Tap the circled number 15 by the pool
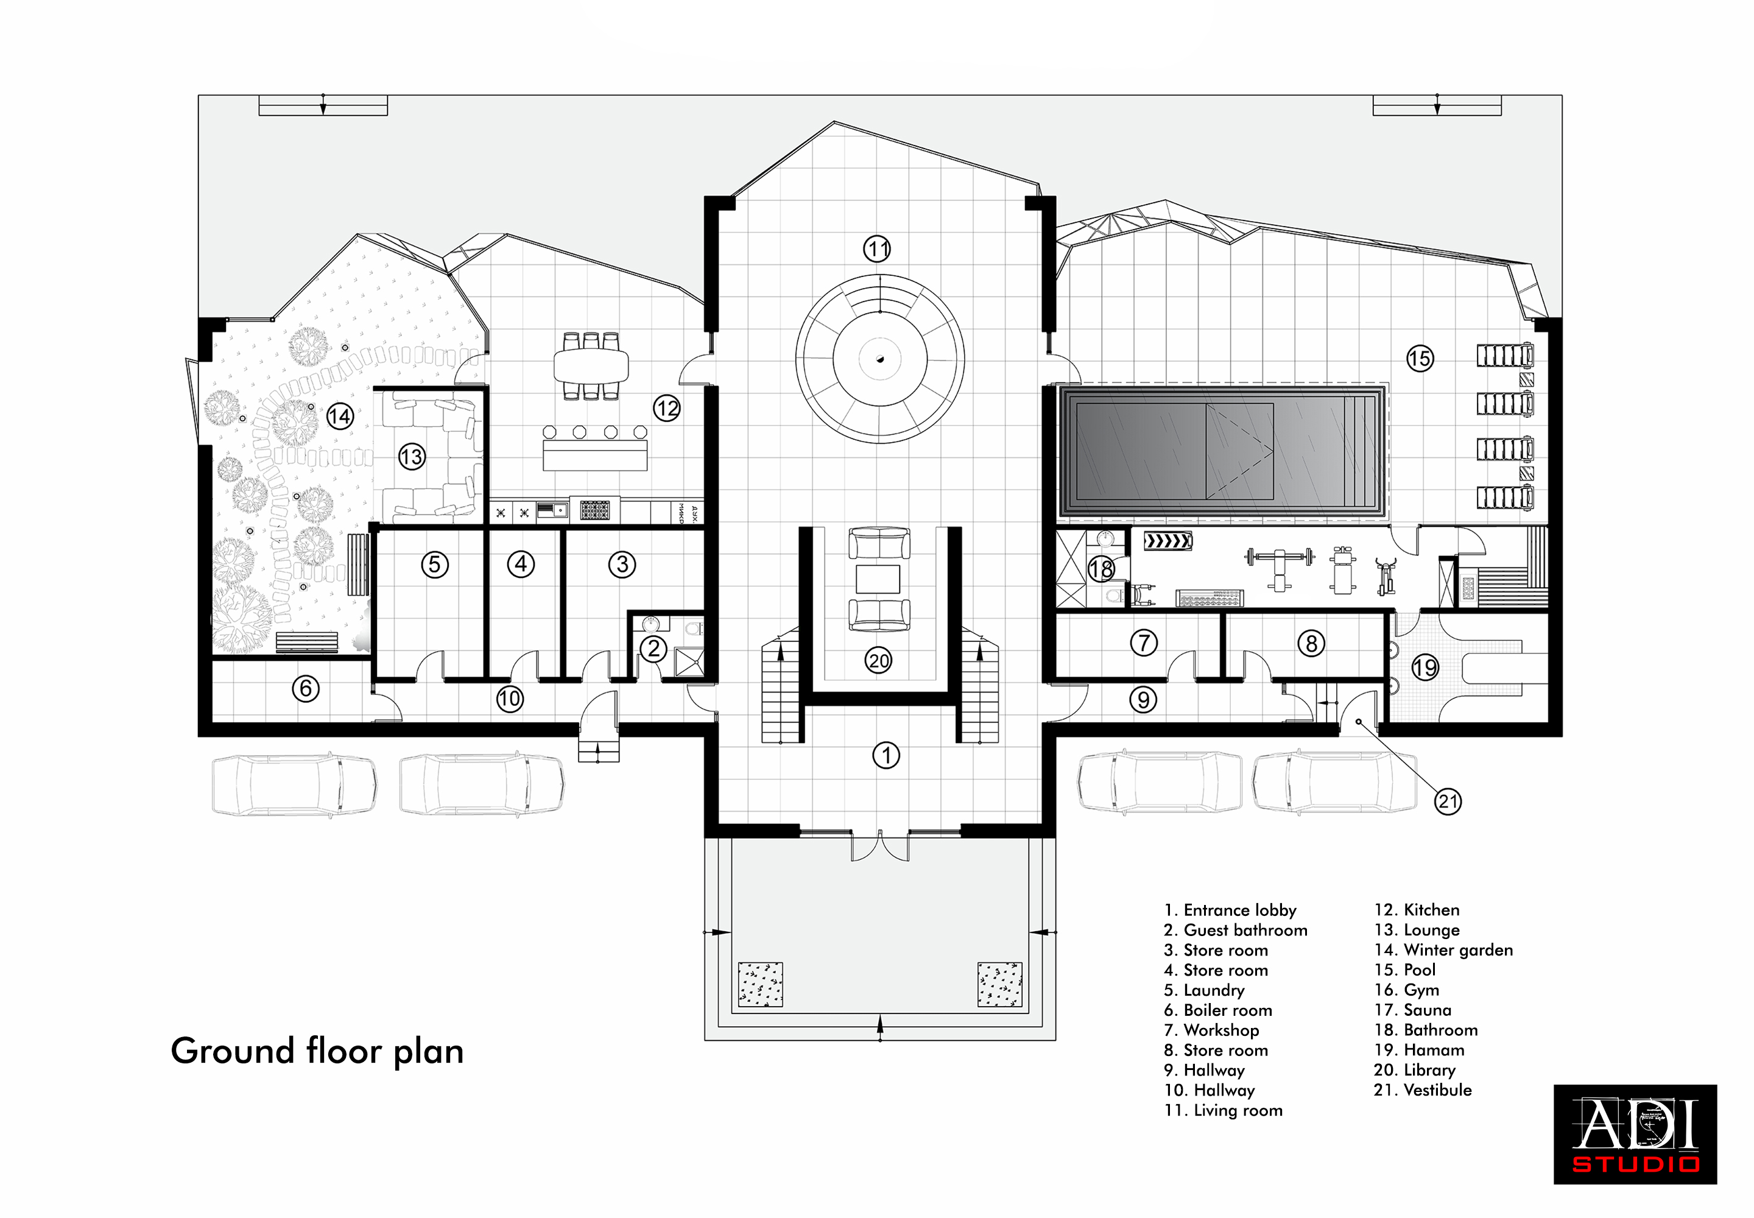(1420, 358)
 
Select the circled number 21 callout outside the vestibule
(1448, 801)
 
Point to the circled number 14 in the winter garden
(340, 416)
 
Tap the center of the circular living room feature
(880, 359)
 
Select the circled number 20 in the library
(879, 660)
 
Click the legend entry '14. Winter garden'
(1443, 950)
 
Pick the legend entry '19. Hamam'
(1418, 1050)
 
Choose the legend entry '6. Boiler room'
(1218, 1010)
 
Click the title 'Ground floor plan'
(317, 1052)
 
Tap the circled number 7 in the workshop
(1143, 642)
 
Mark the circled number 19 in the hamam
(1425, 667)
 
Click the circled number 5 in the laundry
(435, 565)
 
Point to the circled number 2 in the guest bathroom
(653, 649)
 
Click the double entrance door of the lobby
(880, 845)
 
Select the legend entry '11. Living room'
(1223, 1110)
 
